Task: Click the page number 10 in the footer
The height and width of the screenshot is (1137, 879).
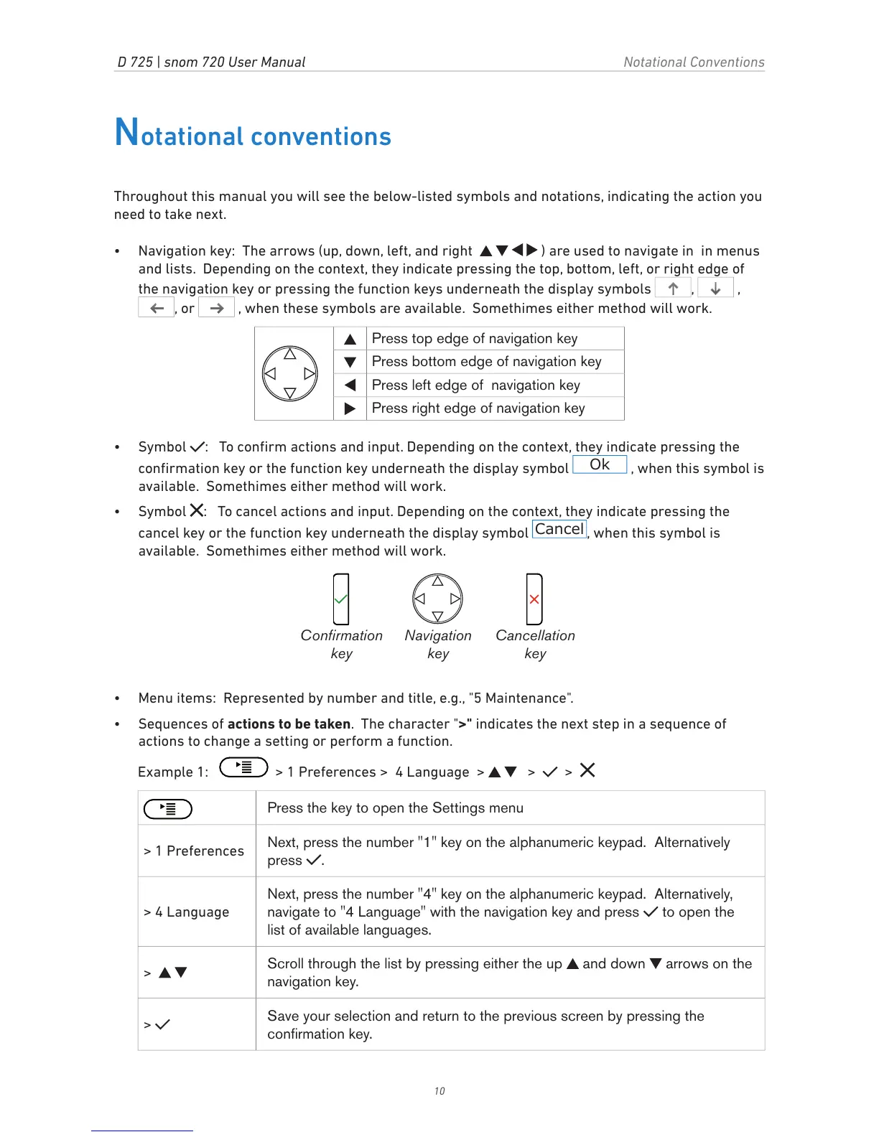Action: [x=439, y=1091]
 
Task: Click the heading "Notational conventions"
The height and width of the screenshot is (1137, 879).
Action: [x=253, y=134]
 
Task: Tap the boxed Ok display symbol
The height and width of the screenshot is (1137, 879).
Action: [x=600, y=465]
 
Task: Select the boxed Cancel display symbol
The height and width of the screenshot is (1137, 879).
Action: [x=559, y=530]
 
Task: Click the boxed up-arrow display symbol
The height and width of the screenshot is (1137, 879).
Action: [x=673, y=289]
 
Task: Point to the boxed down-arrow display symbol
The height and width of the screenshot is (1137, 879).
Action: [x=715, y=289]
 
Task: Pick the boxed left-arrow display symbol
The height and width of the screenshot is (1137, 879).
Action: [x=157, y=309]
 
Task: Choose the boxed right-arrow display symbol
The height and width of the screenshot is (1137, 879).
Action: [x=216, y=309]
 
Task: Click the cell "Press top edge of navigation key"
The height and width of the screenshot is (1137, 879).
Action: [x=475, y=339]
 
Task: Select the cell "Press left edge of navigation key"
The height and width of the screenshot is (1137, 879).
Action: [x=475, y=385]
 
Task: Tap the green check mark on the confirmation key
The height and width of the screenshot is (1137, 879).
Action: [x=341, y=599]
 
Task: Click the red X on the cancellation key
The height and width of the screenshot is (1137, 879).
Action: [x=534, y=599]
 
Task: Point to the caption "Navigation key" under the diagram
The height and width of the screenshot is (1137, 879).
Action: [x=438, y=644]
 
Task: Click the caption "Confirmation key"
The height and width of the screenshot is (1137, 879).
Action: [x=342, y=644]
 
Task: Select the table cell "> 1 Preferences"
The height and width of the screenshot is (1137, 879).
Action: [x=195, y=851]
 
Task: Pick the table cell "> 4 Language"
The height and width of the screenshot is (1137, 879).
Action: [x=187, y=912]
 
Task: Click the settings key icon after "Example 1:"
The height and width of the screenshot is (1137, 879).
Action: [x=243, y=767]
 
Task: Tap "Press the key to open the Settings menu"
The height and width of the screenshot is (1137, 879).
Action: [x=395, y=808]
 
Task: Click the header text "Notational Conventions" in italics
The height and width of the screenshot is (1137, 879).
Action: [x=694, y=62]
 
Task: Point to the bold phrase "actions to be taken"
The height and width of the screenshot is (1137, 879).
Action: [x=289, y=724]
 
